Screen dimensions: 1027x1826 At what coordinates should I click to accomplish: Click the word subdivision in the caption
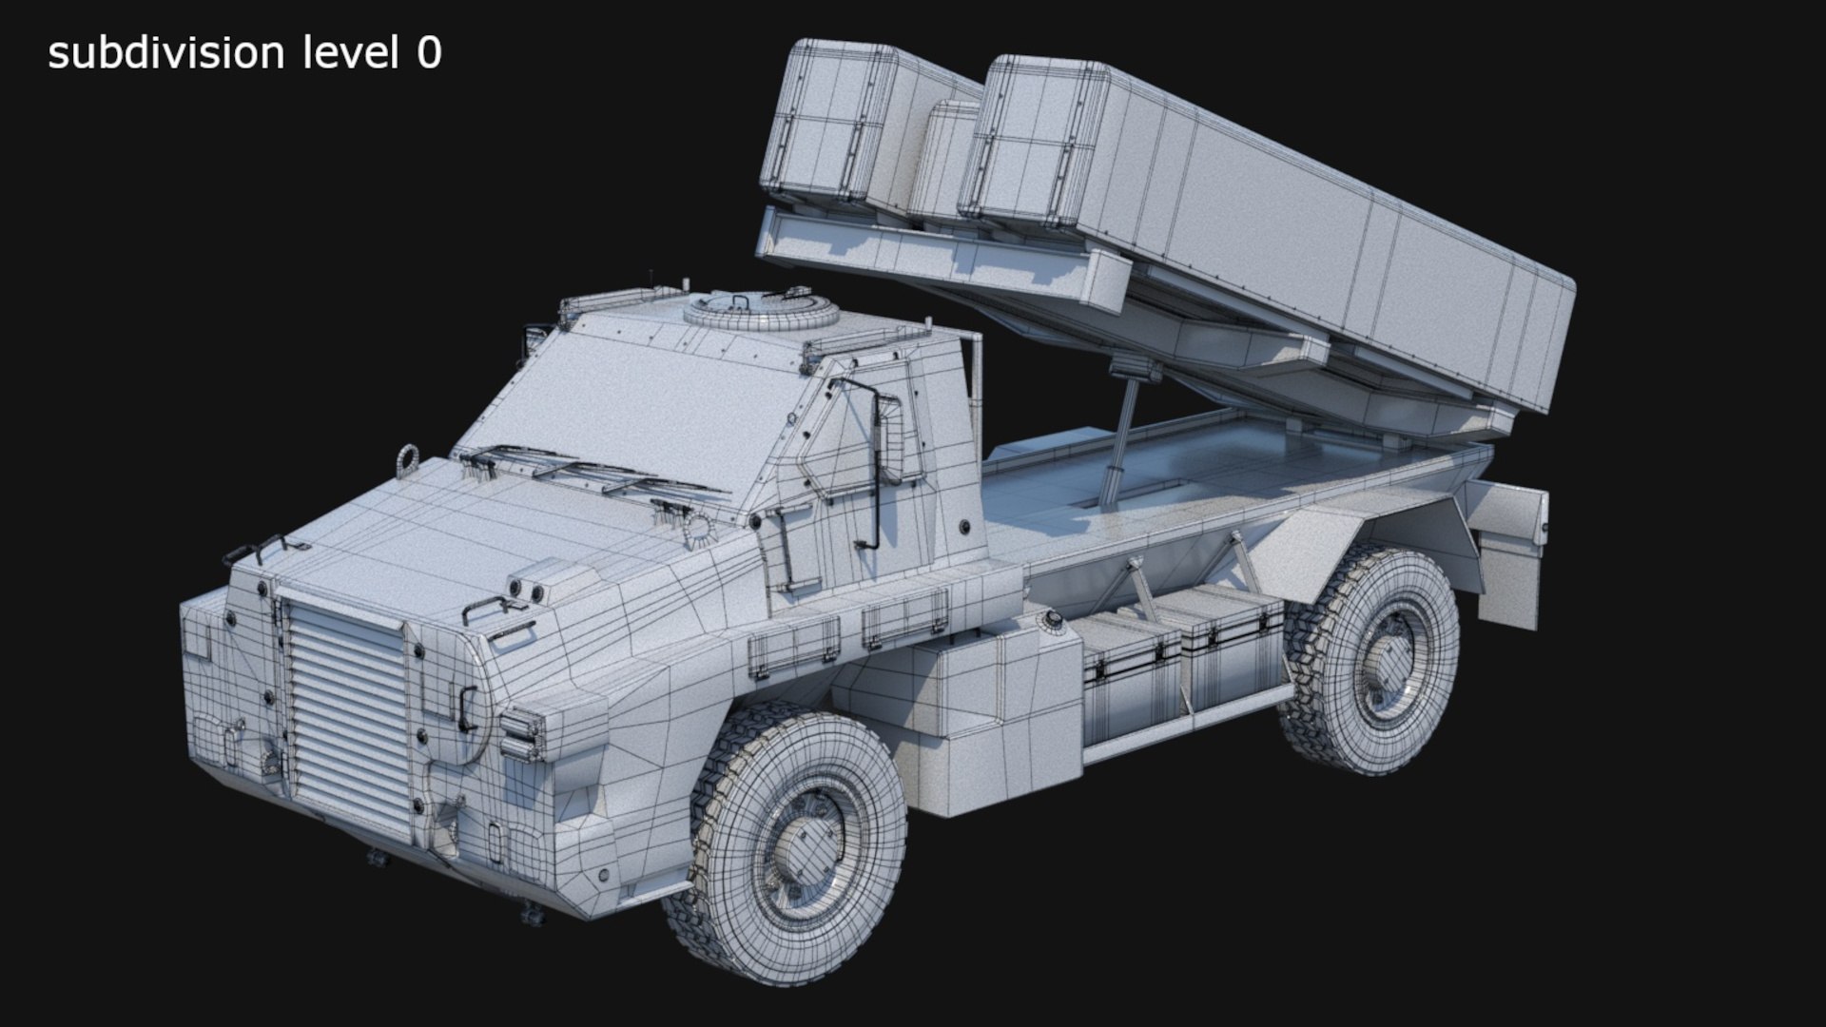165,53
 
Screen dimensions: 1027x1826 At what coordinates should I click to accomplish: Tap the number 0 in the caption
429,53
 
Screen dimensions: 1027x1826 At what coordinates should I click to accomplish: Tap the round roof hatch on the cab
762,309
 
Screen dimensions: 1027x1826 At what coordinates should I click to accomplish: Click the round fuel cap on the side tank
1053,620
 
